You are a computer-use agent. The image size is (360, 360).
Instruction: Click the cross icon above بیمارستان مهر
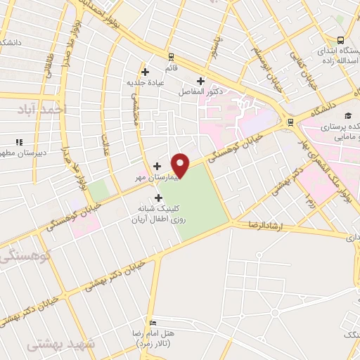coord(156,167)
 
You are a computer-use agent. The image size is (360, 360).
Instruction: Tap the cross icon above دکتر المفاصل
coord(202,82)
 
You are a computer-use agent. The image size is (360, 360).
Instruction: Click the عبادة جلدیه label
coord(145,82)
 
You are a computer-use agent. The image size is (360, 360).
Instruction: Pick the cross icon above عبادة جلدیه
coord(145,71)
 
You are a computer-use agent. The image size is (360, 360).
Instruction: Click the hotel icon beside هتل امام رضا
coord(193,324)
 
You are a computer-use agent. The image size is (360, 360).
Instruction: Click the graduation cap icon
coord(347,116)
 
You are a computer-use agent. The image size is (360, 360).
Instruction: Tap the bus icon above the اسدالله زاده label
coord(340,41)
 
